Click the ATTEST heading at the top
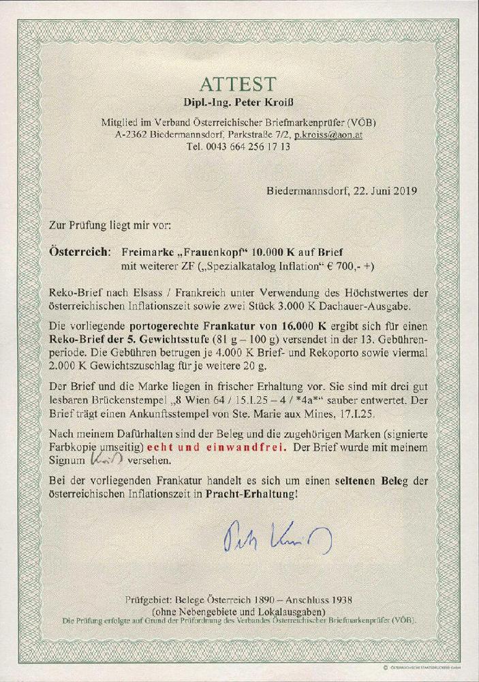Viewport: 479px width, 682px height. tap(239, 84)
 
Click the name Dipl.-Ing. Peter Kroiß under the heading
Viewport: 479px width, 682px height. tap(239, 103)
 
